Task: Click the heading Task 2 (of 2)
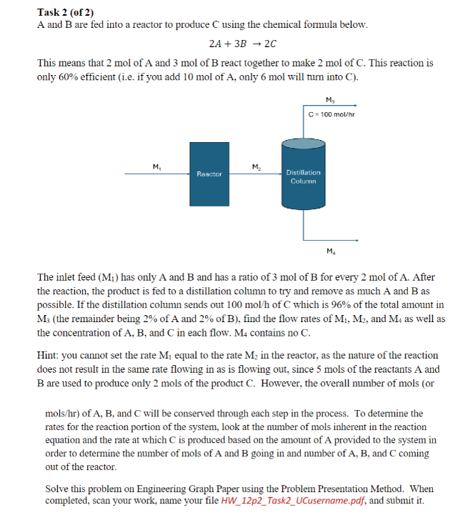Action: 66,12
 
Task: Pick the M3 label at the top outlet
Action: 328,99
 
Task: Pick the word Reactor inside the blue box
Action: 209,174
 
